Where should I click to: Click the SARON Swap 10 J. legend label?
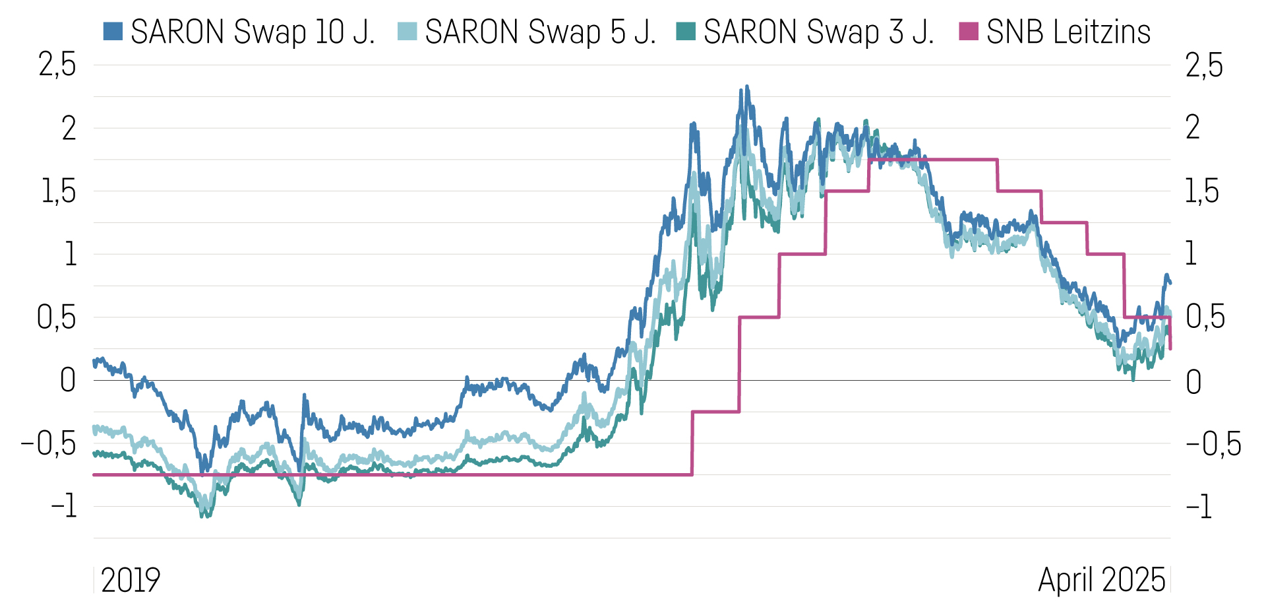[253, 32]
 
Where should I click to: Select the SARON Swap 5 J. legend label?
[540, 32]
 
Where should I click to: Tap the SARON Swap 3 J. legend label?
[818, 32]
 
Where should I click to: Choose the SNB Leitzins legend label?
[1068, 32]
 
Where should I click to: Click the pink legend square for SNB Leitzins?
[969, 31]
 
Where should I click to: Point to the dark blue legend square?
[113, 31]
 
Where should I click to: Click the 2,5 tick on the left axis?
[57, 65]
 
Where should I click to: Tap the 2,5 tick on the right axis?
[1204, 65]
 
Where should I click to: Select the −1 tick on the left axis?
[64, 507]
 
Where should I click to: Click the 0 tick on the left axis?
[68, 381]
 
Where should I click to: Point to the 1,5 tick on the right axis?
[1202, 191]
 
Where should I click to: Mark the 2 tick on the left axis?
[69, 128]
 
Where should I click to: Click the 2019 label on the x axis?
[131, 580]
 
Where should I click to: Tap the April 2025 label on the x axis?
[1102, 580]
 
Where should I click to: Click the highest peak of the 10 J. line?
[747, 87]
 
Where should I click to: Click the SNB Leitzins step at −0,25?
[715, 412]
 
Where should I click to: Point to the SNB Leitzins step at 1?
[802, 254]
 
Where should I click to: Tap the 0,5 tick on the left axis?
[57, 317]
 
